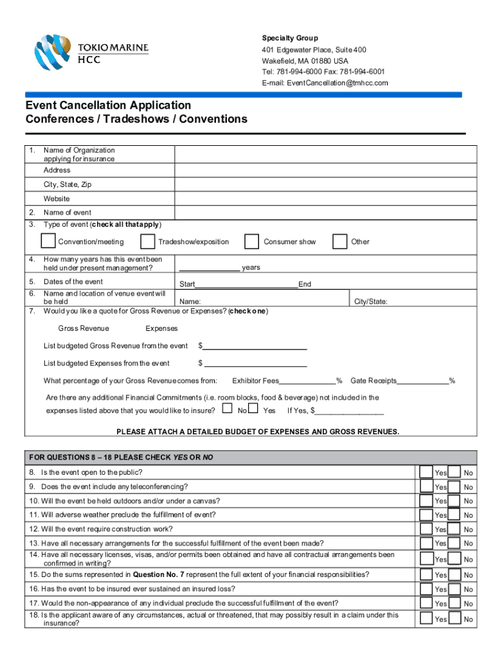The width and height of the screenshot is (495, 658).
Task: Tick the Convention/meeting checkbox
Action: point(48,241)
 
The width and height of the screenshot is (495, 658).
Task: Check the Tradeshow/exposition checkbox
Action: point(148,241)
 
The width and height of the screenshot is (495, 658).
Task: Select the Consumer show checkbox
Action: point(251,241)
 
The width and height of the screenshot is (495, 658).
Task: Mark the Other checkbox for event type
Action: point(339,241)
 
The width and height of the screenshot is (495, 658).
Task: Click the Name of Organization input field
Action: point(325,154)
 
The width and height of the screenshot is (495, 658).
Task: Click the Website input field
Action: point(325,199)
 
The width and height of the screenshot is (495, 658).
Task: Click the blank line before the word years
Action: point(210,267)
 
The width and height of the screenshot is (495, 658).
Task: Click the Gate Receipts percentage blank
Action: point(423,381)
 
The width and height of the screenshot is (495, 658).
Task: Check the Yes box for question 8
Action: point(426,472)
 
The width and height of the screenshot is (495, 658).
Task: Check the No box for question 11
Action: point(455,514)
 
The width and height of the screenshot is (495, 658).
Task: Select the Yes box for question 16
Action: point(426,588)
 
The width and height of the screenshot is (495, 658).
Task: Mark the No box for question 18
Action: point(455,618)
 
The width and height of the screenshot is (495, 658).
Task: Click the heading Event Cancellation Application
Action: point(108,105)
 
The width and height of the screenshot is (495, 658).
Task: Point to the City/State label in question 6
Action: point(369,301)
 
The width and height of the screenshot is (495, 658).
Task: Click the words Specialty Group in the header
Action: point(289,38)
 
